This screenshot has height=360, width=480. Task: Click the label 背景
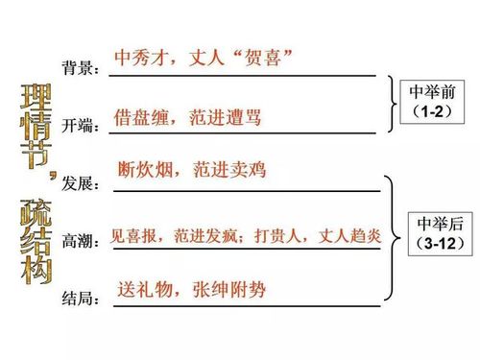pos(79,68)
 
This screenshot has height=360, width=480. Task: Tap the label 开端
pos(79,126)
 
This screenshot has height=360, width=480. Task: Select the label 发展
pos(79,182)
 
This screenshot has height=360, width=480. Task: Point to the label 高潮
pos(79,241)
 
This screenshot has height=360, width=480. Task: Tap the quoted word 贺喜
pos(257,57)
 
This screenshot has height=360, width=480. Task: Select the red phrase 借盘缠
pos(142,116)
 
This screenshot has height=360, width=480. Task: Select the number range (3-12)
pos(442,243)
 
